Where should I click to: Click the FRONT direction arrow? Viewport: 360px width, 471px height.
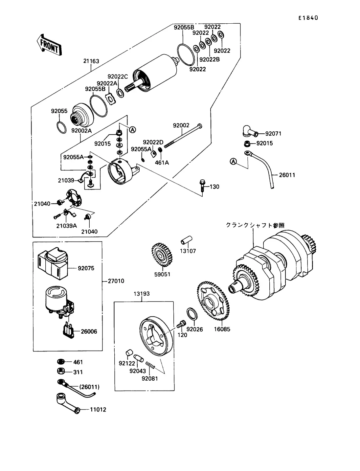pos(49,45)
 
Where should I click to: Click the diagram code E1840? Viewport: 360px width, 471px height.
pos(308,18)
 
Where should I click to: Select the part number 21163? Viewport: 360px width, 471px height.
pos(91,61)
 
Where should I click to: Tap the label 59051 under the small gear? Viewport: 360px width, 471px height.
pos(162,274)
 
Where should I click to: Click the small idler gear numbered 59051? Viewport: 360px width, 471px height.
pos(162,255)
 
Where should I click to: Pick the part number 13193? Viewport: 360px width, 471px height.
pos(142,294)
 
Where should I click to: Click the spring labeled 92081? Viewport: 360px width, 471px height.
pos(150,365)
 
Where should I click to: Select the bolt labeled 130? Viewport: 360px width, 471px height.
pos(202,186)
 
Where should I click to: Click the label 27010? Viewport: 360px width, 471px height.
pos(116,281)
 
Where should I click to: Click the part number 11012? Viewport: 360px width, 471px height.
pos(98,410)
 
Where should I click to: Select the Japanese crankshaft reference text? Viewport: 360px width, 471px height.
pos(255,225)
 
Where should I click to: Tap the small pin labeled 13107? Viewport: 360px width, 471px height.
pos(186,240)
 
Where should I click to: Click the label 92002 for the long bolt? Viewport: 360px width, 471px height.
pos(181,125)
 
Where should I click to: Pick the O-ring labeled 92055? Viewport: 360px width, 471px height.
pos(61,127)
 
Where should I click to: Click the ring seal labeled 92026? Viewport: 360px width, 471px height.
pos(192,314)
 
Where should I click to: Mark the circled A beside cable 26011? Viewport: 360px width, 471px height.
pos(233,161)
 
